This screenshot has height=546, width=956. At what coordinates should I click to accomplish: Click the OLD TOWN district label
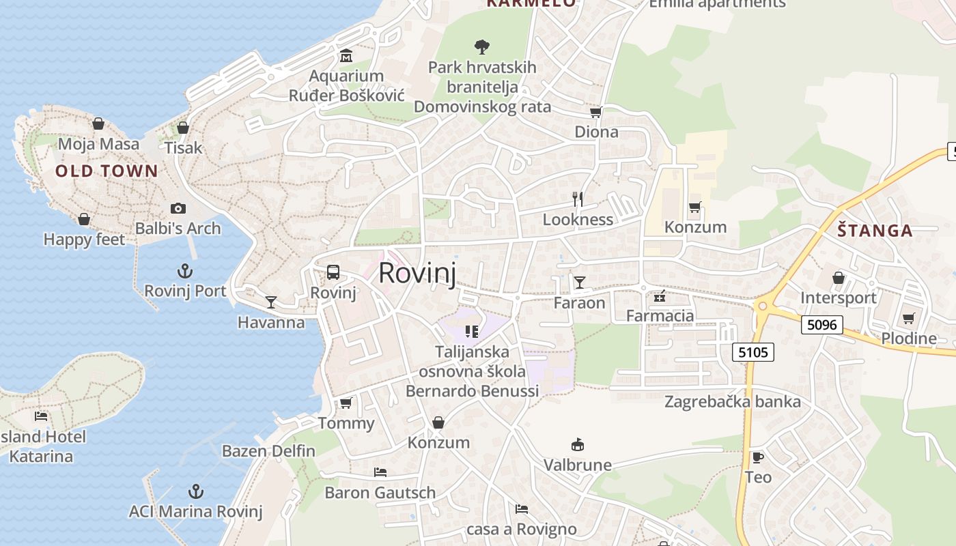click(107, 171)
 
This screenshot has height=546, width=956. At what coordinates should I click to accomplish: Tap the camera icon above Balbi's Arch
click(178, 209)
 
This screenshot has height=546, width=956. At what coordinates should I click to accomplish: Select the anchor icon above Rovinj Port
click(184, 271)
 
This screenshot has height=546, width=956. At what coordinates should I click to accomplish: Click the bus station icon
click(333, 272)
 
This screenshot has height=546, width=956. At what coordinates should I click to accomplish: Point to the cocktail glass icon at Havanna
click(271, 302)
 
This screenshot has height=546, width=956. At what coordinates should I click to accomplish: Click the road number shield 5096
click(821, 325)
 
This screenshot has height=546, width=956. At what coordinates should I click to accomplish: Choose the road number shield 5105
click(753, 352)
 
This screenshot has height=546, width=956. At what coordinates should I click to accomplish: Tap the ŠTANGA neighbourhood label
click(875, 231)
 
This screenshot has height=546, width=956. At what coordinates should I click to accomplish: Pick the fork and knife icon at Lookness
click(578, 199)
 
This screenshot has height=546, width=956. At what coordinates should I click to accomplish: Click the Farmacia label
click(660, 316)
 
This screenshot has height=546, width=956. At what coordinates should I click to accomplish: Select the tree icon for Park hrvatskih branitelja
click(482, 47)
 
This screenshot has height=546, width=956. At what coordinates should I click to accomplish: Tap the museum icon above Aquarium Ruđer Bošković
click(346, 55)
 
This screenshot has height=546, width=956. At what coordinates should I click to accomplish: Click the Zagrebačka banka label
click(733, 401)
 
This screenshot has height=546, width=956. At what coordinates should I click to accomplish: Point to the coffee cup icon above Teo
click(757, 457)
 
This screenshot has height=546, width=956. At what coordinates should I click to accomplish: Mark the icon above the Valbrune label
click(578, 445)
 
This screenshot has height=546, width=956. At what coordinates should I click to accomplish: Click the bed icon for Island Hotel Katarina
click(41, 416)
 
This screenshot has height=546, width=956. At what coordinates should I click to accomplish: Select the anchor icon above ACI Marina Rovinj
click(196, 491)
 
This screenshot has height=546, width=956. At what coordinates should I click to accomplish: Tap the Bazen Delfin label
click(268, 451)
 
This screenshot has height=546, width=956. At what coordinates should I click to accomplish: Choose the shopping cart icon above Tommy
click(346, 403)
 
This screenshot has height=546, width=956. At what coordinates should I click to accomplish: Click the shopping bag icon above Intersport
click(839, 278)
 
